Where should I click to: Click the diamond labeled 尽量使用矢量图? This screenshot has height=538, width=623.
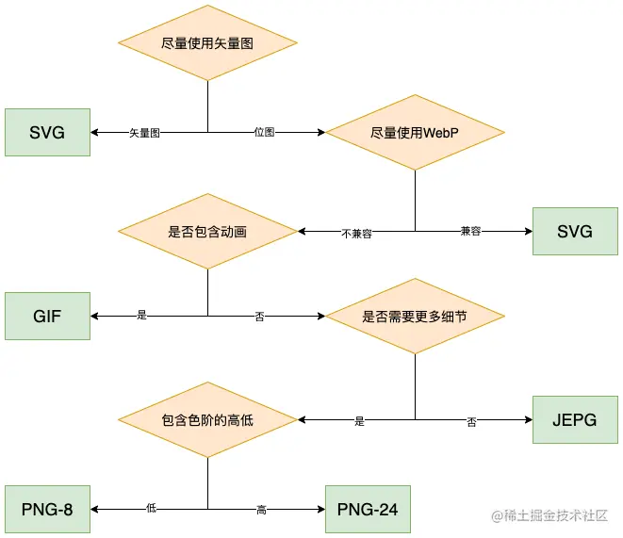click(x=207, y=42)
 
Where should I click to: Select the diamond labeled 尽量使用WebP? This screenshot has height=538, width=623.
click(x=415, y=133)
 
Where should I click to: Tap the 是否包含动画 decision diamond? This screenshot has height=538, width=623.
click(x=207, y=231)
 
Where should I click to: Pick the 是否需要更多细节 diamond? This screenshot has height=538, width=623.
click(x=415, y=317)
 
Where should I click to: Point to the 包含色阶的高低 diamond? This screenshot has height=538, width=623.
click(x=207, y=419)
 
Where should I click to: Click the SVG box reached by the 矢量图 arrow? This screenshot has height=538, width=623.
click(x=47, y=132)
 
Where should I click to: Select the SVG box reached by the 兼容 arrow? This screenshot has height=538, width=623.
click(x=575, y=231)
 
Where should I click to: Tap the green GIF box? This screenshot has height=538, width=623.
click(x=47, y=316)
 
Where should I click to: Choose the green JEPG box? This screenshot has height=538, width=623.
click(x=575, y=419)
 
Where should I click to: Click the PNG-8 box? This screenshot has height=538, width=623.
click(x=47, y=510)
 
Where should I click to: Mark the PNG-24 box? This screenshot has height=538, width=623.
click(x=368, y=510)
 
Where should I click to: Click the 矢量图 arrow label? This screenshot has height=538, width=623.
click(x=144, y=133)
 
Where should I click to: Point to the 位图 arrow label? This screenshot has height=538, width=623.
click(x=265, y=133)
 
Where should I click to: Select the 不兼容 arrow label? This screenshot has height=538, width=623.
click(x=356, y=233)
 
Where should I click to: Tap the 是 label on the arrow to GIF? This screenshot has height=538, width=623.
click(x=142, y=317)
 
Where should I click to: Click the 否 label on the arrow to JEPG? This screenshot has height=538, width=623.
click(x=471, y=421)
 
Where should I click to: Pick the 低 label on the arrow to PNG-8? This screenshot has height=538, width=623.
click(x=151, y=510)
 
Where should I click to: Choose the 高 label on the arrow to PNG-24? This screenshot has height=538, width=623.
click(x=261, y=511)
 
